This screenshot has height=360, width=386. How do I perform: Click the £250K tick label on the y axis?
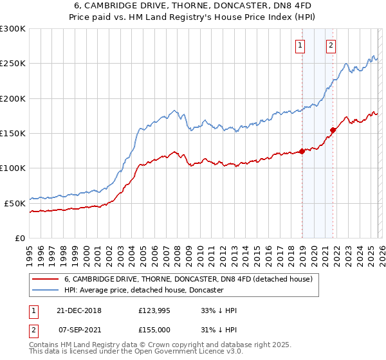point(13,64)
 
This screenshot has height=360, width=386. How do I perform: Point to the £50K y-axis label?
point(15,203)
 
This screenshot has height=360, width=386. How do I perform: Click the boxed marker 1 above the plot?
point(301,45)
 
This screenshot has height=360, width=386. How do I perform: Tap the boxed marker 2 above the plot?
point(331,45)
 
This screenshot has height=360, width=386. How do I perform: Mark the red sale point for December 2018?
point(302,152)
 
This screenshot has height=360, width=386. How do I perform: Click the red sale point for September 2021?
point(333,130)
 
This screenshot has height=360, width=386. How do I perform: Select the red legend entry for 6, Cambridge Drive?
point(188,279)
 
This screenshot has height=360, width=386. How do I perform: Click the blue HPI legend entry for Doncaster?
point(143,291)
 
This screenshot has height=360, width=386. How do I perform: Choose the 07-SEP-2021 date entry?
point(78,328)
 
